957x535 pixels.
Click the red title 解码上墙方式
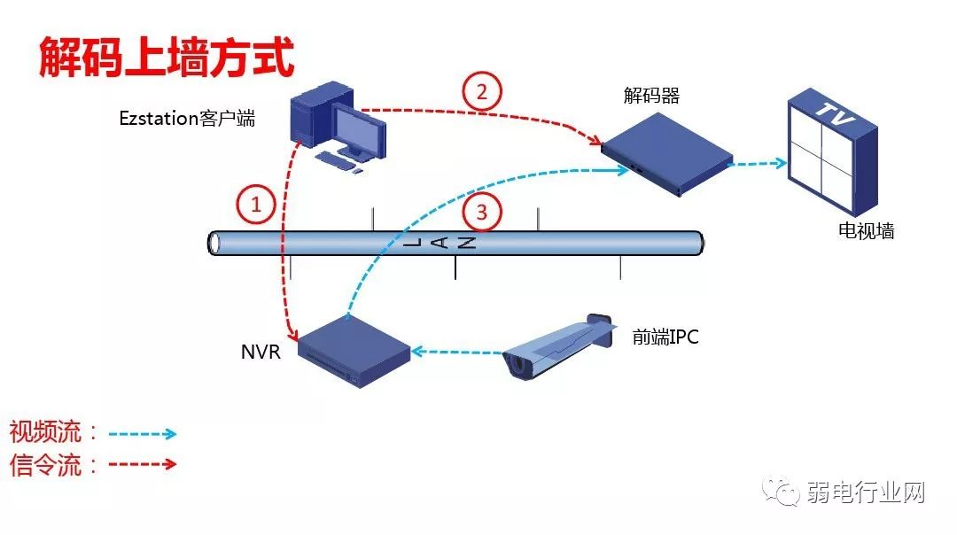pyautogui.click(x=166, y=58)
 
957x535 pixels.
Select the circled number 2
pyautogui.click(x=482, y=91)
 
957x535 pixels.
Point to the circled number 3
pyautogui.click(x=482, y=212)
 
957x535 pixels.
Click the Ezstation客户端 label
pyautogui.click(x=187, y=118)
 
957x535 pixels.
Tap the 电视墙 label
pyautogui.click(x=867, y=231)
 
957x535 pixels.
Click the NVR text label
pyautogui.click(x=261, y=352)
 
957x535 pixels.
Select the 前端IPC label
pyautogui.click(x=665, y=337)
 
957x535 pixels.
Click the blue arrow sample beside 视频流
pyautogui.click(x=142, y=434)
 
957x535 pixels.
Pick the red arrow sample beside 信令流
pyautogui.click(x=142, y=464)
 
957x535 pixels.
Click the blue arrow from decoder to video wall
pyautogui.click(x=760, y=163)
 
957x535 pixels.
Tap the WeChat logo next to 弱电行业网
pyautogui.click(x=783, y=492)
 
